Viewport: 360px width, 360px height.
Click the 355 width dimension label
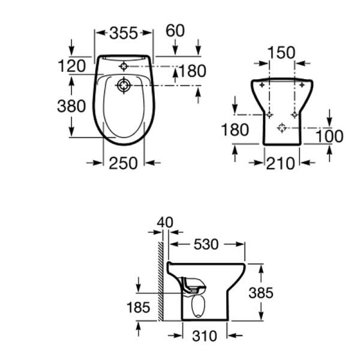(x=124, y=33)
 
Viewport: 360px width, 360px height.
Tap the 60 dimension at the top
(x=175, y=31)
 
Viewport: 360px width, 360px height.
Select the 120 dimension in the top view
(x=72, y=66)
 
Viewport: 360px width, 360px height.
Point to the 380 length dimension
(x=71, y=106)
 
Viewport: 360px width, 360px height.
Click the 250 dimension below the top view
(x=123, y=163)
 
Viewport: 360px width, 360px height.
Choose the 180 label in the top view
(x=192, y=71)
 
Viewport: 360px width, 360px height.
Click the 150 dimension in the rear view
(x=282, y=53)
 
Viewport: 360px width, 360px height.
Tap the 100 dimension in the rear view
(x=329, y=136)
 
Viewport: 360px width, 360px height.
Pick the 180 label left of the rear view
(x=234, y=130)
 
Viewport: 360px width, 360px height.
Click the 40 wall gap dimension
(x=165, y=223)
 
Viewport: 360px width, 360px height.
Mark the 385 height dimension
(x=261, y=293)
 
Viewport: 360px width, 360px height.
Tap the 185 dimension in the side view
(x=138, y=308)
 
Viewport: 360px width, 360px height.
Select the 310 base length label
(x=204, y=335)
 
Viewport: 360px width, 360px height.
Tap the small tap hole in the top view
(x=123, y=66)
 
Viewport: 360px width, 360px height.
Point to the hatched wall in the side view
(x=160, y=281)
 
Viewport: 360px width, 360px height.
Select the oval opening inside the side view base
(x=196, y=306)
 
